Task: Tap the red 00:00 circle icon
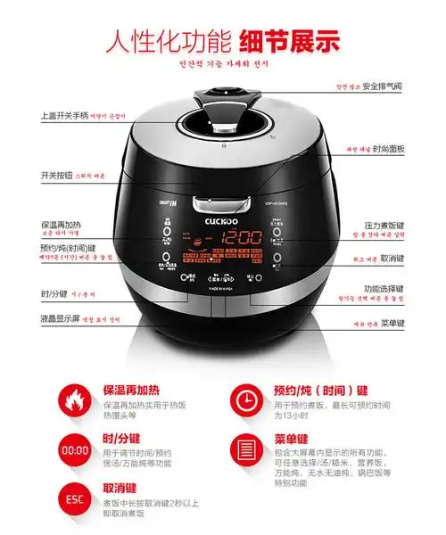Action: [x=74, y=449]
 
